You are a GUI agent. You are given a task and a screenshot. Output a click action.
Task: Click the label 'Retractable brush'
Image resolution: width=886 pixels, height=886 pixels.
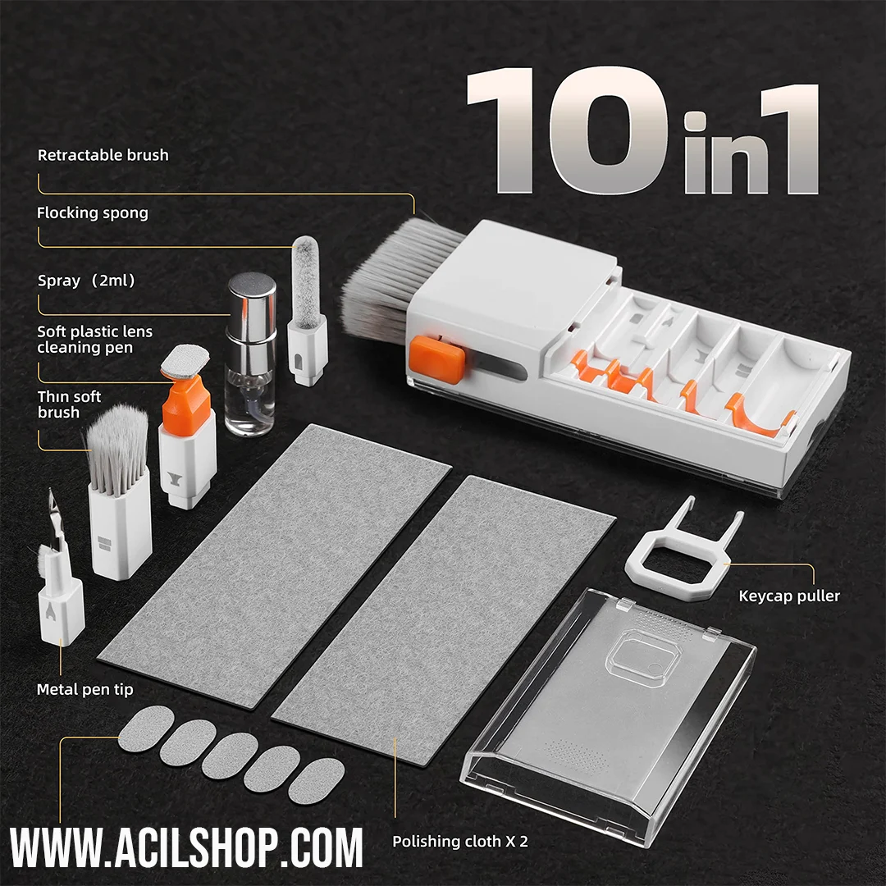click(103, 155)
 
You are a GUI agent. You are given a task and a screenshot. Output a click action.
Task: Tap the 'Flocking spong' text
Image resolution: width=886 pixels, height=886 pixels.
click(93, 213)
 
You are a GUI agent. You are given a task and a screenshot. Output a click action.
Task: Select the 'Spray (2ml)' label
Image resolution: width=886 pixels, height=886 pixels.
click(86, 281)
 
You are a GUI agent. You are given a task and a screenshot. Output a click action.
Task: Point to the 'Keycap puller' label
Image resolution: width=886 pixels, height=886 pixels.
click(789, 596)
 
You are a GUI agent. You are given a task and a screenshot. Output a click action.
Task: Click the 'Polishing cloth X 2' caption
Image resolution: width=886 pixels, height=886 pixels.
click(460, 842)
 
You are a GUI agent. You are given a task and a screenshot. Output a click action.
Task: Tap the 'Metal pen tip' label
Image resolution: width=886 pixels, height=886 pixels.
click(84, 689)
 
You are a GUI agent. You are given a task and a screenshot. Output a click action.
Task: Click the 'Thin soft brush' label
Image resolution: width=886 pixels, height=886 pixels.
click(69, 404)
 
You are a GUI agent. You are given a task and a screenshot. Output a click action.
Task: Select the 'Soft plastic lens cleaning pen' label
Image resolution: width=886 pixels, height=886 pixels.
click(94, 339)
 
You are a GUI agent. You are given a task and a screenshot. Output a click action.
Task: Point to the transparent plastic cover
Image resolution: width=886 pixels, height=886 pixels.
click(608, 715)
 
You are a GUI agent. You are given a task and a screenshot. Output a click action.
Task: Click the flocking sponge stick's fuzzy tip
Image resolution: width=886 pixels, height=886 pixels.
click(306, 282)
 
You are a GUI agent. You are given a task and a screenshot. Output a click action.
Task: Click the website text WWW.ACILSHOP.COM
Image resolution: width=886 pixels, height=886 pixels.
click(186, 847)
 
